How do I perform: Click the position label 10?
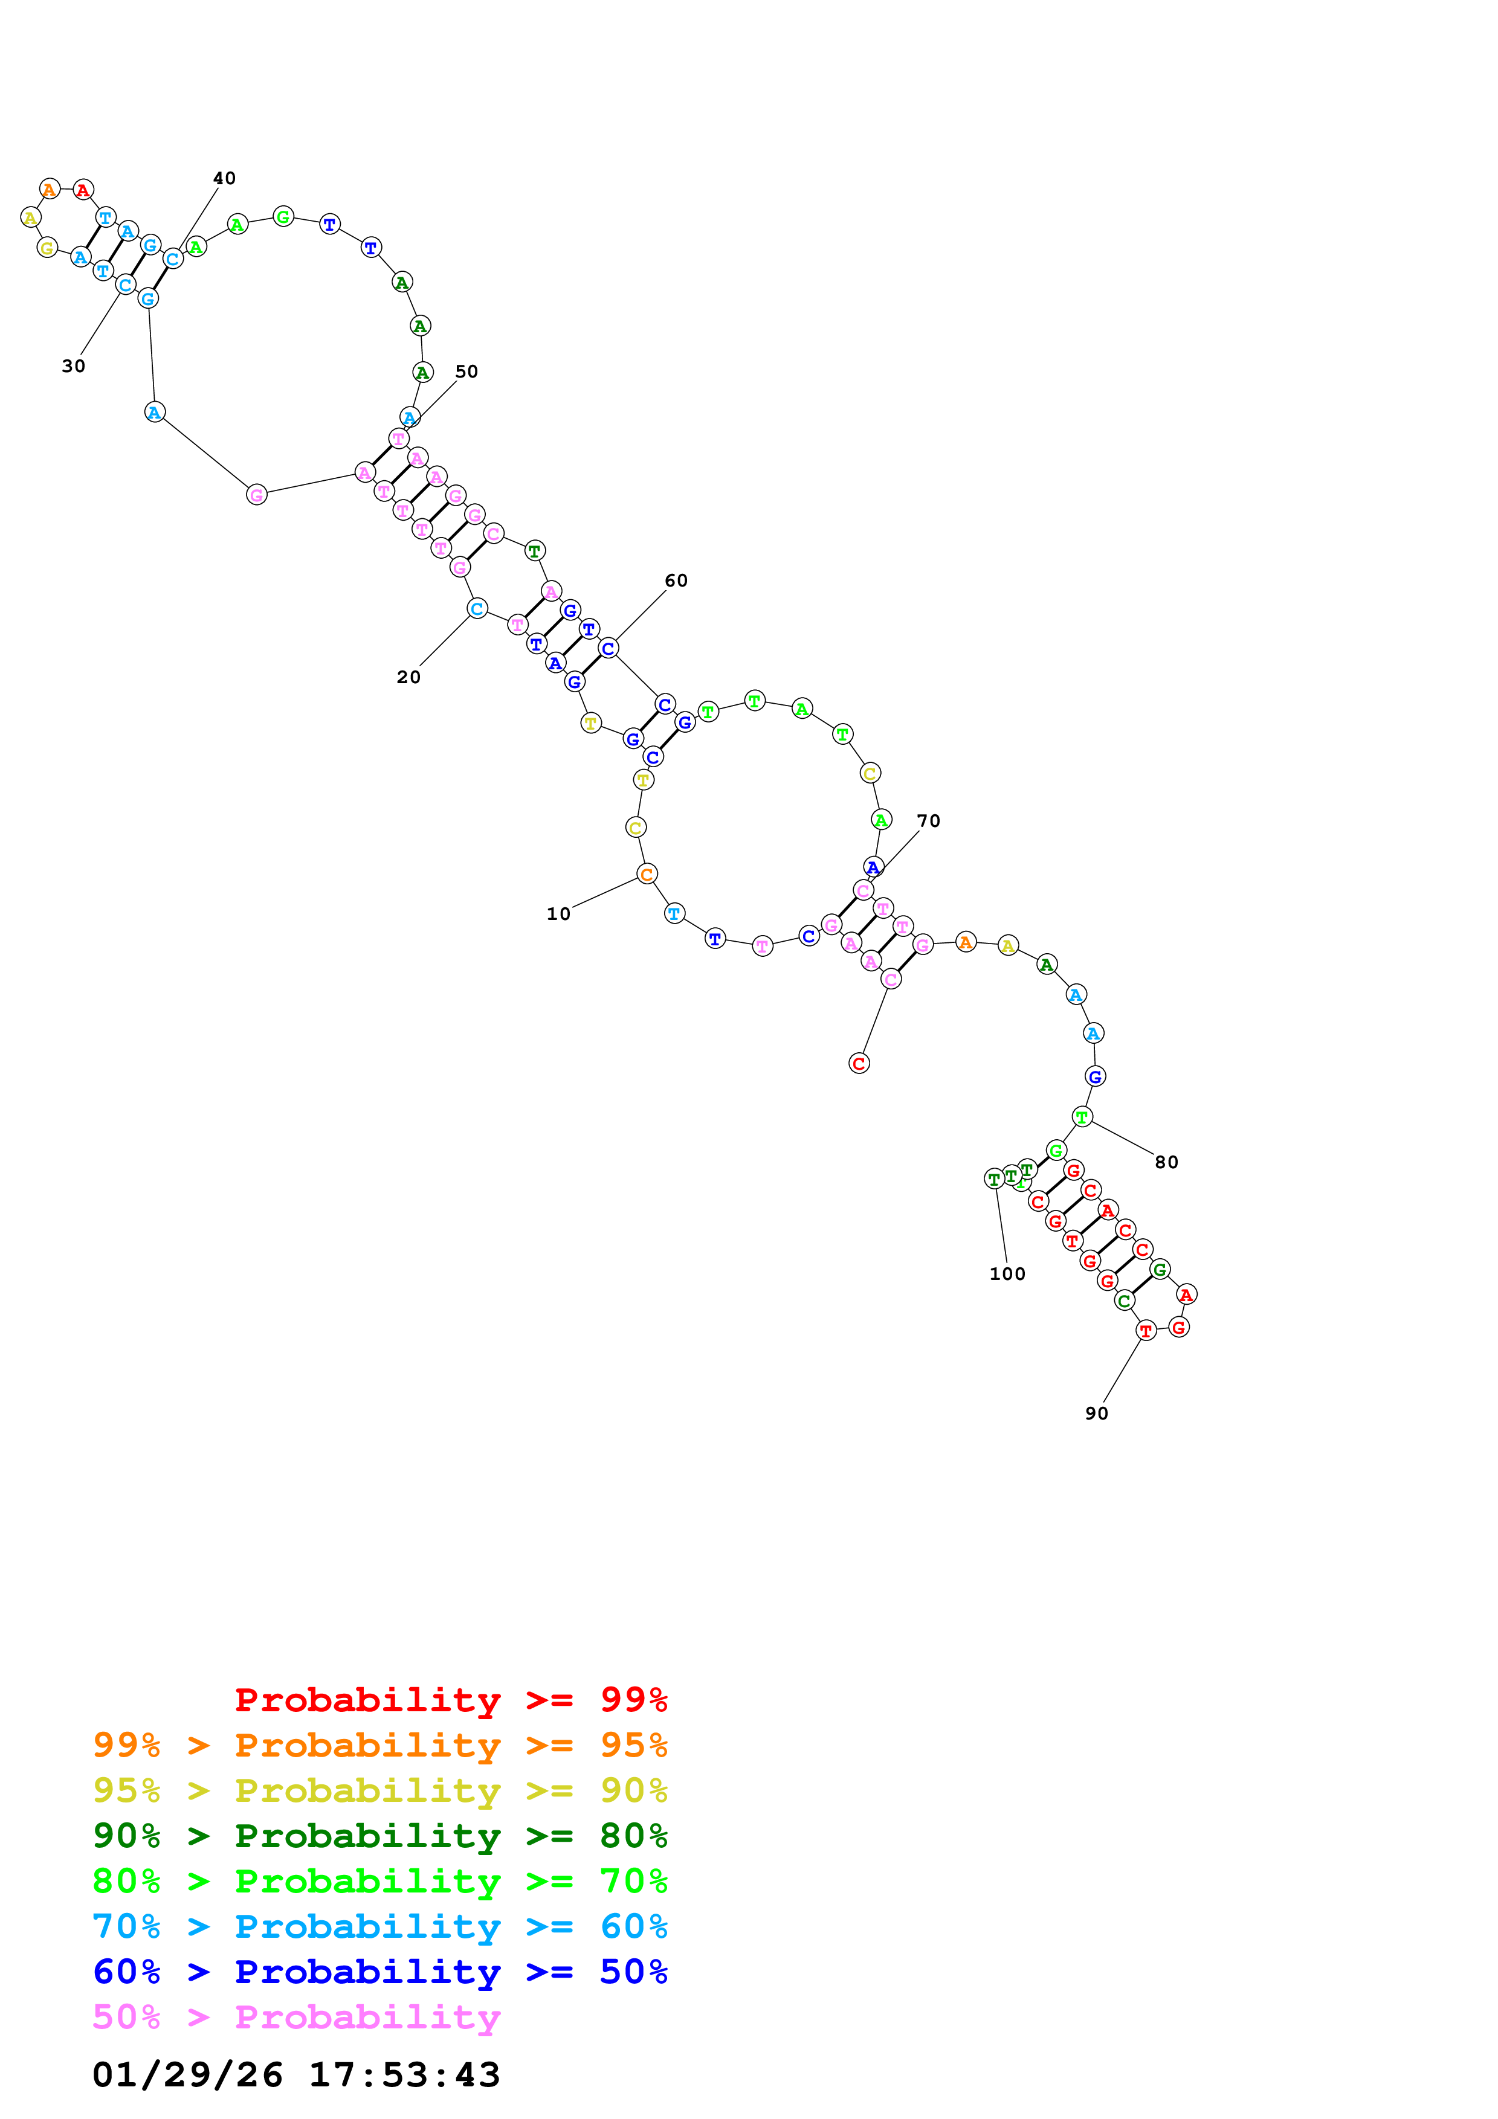(558, 914)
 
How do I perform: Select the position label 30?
(74, 367)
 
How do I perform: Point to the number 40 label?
(224, 178)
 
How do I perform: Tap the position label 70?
(929, 822)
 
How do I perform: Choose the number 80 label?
(1167, 1162)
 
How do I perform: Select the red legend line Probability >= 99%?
(450, 1699)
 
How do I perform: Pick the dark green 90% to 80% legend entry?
(379, 1836)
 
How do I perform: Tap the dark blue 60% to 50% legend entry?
(379, 1972)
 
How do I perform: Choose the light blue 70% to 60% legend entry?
(379, 1926)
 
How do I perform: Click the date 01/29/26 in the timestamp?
(187, 2075)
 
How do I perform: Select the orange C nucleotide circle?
(647, 874)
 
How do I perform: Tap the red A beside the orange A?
(83, 190)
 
